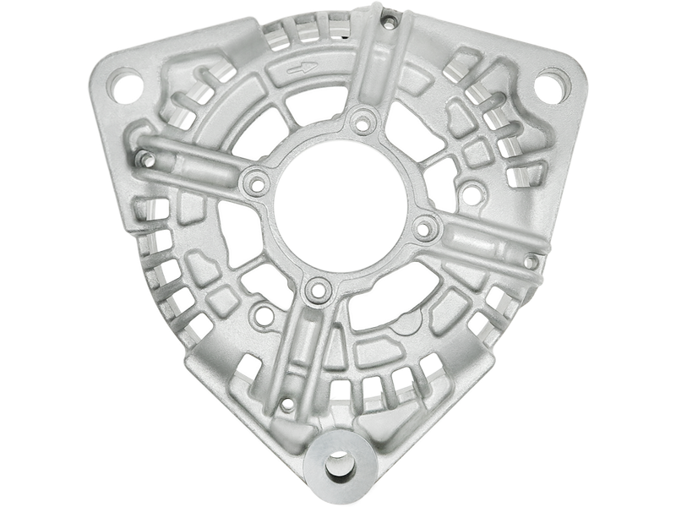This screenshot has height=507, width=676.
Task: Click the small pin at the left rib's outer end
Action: [145, 158]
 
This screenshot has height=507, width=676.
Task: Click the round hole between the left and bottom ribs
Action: [264, 315]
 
